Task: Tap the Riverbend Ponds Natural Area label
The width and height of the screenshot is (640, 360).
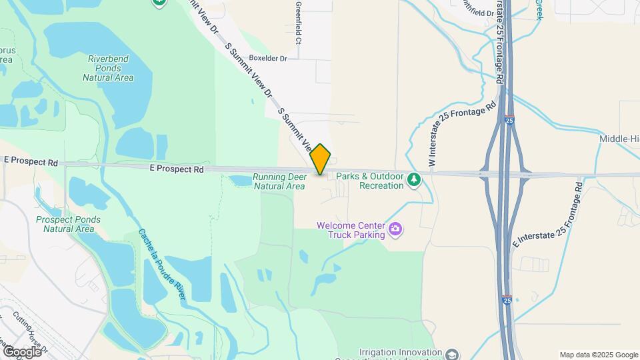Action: [x=108, y=68]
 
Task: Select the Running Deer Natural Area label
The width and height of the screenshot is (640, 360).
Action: [x=279, y=182]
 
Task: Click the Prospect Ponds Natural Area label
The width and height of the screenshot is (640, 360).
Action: [x=69, y=224]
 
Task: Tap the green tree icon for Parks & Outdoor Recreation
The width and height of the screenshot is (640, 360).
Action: [x=414, y=179]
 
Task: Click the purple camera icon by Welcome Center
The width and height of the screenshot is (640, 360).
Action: [x=396, y=230]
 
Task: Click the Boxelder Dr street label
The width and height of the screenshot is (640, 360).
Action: [x=267, y=58]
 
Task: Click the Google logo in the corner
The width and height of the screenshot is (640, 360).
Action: [x=22, y=351]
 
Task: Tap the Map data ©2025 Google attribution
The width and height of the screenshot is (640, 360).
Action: [x=598, y=355]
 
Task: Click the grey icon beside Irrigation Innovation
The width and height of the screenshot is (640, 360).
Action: [x=452, y=353]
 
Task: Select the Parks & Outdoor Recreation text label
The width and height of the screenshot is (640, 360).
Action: [x=370, y=181]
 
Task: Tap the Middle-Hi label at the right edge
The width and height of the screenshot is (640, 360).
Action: [x=619, y=139]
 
